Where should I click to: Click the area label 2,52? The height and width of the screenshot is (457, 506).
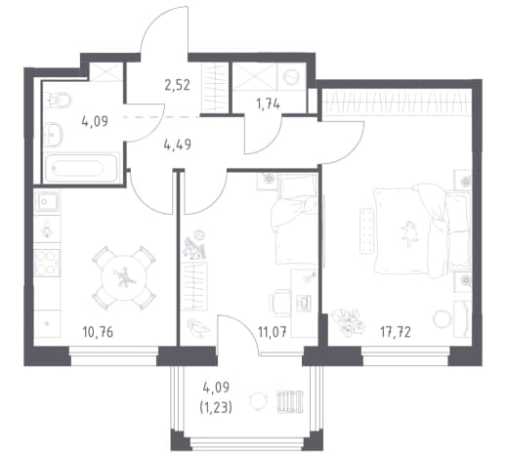178,86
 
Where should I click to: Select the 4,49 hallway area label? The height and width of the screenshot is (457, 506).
178,145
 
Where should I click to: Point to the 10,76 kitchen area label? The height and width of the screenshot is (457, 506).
98,332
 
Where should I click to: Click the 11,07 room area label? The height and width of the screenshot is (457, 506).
273,332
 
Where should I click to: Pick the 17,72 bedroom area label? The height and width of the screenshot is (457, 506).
396,332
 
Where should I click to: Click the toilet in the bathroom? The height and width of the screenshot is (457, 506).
60,100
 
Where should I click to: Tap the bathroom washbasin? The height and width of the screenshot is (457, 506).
54,134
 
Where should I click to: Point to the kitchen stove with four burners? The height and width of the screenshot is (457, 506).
47,263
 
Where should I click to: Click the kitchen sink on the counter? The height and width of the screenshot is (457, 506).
48,201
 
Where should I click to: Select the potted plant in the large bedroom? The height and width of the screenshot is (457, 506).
348,321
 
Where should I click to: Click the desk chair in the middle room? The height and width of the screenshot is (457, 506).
280,303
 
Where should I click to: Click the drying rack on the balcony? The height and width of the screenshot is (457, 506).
290,401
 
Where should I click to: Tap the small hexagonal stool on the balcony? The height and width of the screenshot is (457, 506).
258,401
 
